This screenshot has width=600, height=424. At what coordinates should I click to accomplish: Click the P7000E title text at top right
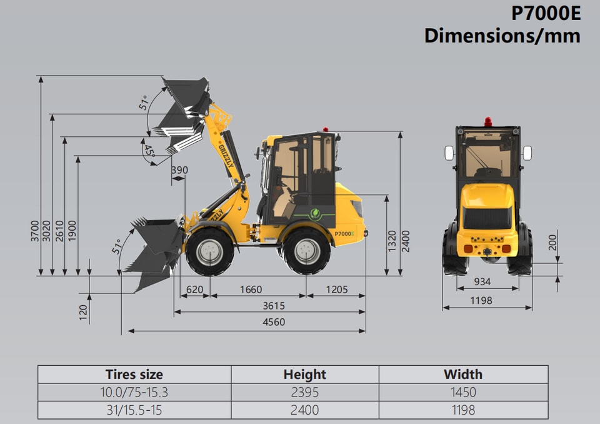(x=546, y=14)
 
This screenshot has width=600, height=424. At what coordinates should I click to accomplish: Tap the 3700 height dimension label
(x=35, y=231)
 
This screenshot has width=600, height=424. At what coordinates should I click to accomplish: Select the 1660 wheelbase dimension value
(x=251, y=290)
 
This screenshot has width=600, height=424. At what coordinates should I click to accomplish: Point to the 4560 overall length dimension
(x=274, y=321)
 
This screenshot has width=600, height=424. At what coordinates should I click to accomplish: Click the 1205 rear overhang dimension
(x=337, y=290)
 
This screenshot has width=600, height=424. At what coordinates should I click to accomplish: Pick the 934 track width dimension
(x=482, y=281)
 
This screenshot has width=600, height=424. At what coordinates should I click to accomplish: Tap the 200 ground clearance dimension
(x=552, y=243)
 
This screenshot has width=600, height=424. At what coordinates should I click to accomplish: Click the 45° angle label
(x=149, y=151)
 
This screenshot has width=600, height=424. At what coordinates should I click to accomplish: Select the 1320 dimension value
(x=392, y=241)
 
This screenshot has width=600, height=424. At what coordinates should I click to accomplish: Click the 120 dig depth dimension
(x=83, y=313)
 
